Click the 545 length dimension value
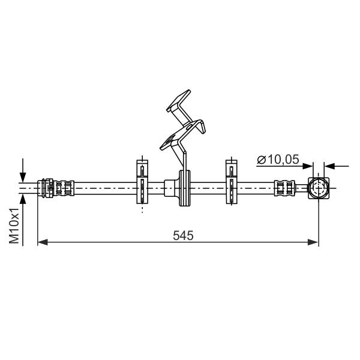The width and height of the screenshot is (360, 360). (x=183, y=235)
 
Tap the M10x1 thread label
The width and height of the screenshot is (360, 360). (x=14, y=226)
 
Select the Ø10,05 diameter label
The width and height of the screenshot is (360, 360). (x=278, y=160)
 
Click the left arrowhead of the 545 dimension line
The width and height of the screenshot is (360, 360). (x=43, y=242)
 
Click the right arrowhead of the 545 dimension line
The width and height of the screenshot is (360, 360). (x=313, y=242)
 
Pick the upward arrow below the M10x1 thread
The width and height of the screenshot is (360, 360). (x=23, y=220)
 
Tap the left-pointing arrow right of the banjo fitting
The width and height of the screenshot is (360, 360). (x=337, y=166)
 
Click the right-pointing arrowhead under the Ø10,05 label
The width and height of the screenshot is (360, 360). (x=308, y=166)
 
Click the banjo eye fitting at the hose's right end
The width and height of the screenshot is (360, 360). (x=319, y=188)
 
